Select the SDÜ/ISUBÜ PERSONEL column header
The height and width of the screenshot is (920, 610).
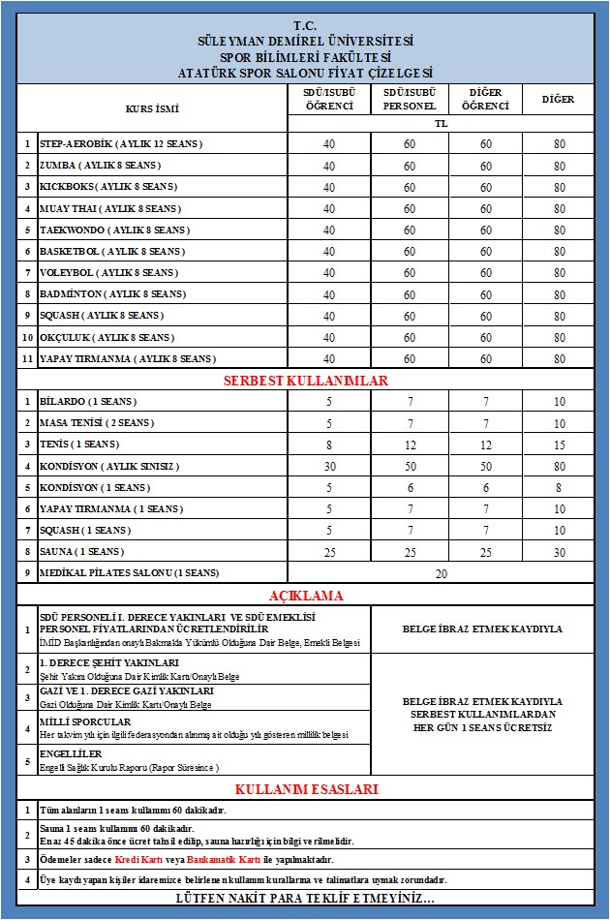coord(410,99)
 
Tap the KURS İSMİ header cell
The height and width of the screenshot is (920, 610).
coord(153,108)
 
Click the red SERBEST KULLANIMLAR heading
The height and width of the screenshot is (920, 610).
coord(305,381)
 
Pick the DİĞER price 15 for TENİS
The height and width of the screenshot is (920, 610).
coord(560,445)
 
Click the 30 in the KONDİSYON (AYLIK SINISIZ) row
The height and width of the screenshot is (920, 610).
coord(329,466)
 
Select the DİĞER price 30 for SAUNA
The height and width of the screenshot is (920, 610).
coord(560,552)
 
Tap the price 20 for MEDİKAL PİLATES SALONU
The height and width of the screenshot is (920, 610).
coord(442,573)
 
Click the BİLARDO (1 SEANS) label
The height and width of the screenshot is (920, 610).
coord(87,401)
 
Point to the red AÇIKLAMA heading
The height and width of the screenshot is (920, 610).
coord(305,596)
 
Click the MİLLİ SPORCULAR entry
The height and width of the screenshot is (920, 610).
coord(85,722)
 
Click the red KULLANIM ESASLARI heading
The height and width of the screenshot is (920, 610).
coord(305,789)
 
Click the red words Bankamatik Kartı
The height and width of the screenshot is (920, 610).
coord(219,859)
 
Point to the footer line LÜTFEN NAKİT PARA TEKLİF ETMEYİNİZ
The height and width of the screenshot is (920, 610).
coord(305,900)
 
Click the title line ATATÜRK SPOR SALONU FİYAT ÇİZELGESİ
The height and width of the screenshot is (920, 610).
coord(305,73)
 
